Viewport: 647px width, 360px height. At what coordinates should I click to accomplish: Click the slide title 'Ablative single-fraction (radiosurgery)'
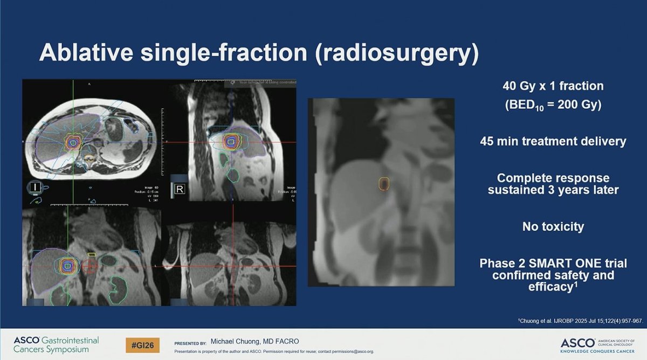259,55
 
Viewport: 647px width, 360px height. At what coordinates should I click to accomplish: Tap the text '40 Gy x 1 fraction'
553,86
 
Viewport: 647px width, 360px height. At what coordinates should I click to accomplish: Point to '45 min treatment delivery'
553,141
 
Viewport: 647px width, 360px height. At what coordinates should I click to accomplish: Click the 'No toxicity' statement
553,226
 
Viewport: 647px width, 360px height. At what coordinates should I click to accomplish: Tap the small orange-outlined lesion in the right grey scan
383,184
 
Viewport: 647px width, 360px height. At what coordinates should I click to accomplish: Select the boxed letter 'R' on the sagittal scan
179,189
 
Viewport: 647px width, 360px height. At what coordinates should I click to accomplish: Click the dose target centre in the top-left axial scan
72,142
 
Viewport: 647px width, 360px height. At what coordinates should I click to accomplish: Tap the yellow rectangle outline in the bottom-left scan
92,254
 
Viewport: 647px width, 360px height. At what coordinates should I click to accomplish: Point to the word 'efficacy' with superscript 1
550,288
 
